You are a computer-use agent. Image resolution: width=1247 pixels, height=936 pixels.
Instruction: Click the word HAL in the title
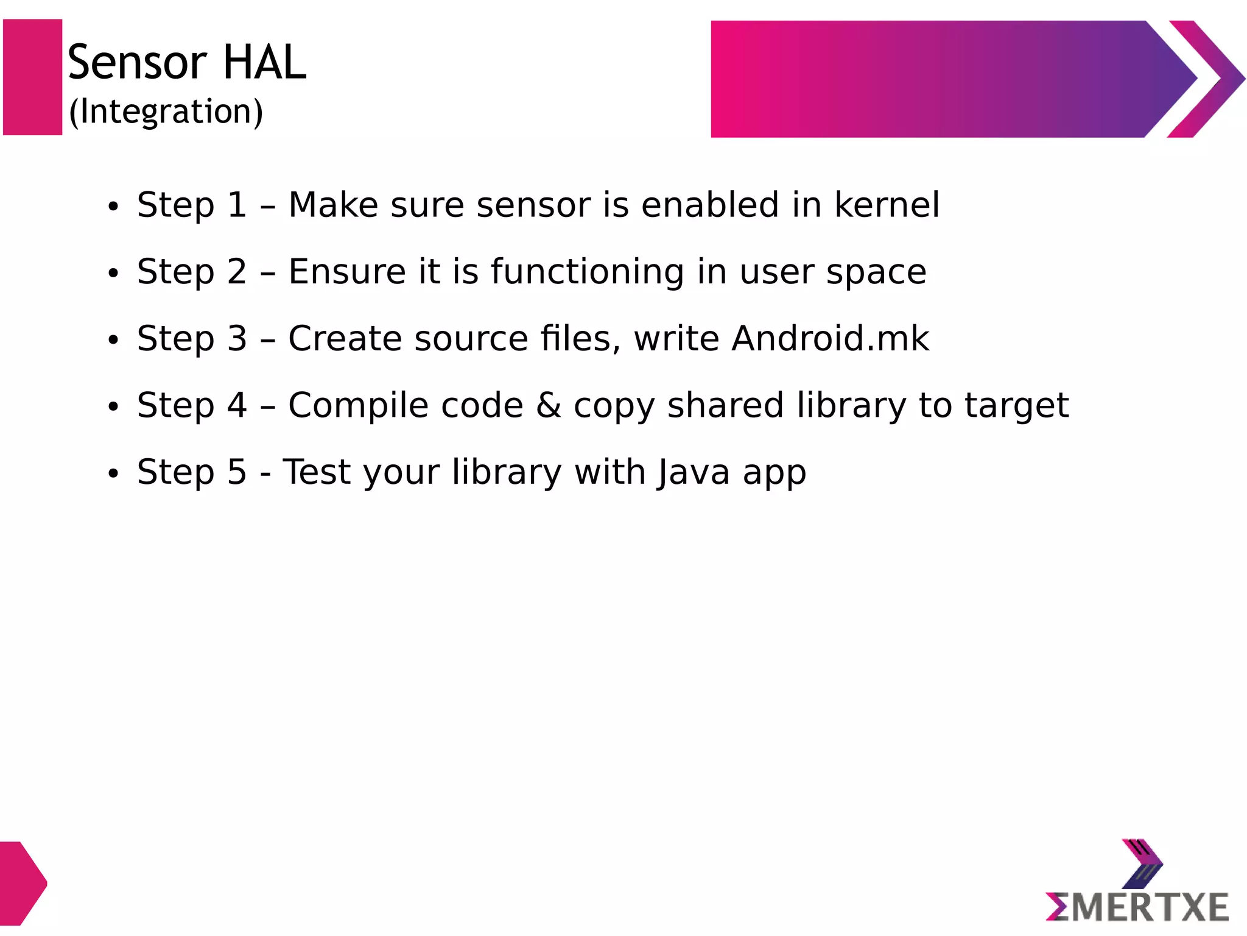(x=264, y=62)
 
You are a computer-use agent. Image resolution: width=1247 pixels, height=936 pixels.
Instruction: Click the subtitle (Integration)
(x=166, y=112)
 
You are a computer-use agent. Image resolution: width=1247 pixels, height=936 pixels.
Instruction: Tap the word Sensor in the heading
(x=138, y=62)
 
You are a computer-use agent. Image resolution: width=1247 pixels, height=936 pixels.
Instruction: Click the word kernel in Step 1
(x=887, y=205)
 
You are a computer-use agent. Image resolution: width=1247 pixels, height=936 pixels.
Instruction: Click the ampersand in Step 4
(x=549, y=405)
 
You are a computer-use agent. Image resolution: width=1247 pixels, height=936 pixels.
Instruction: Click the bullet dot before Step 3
(x=113, y=341)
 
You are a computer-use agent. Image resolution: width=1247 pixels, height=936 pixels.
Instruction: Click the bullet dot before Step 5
(x=113, y=474)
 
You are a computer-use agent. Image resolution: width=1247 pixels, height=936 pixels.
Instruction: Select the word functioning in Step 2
(x=588, y=272)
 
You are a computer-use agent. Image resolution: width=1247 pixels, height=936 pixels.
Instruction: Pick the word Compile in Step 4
(x=406, y=405)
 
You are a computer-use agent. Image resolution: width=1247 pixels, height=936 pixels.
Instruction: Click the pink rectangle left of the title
(x=33, y=77)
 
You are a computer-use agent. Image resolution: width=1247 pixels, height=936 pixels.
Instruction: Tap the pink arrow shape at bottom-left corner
(x=21, y=883)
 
